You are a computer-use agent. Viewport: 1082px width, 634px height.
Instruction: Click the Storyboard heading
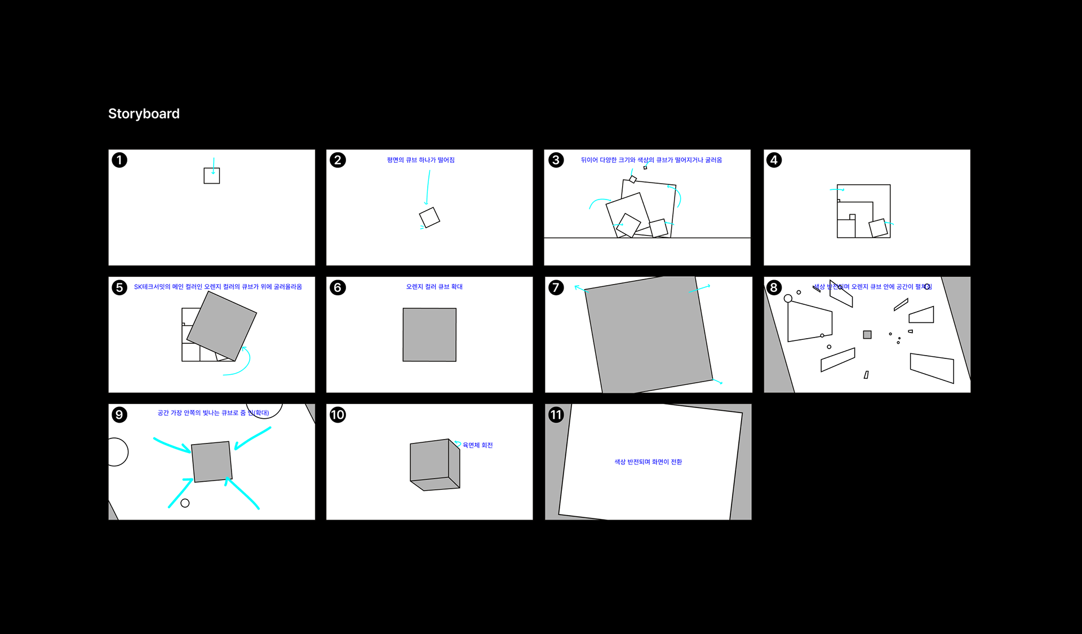point(144,114)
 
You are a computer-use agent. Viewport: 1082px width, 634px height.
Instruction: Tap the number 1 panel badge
point(119,160)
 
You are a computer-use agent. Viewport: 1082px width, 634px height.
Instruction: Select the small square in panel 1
point(212,176)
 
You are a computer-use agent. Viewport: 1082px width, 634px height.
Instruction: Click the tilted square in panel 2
point(429,217)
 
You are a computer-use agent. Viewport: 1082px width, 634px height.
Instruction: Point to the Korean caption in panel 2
point(420,160)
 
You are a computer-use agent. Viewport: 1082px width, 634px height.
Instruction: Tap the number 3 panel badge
point(556,160)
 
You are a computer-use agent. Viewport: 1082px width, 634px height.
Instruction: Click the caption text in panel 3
point(651,160)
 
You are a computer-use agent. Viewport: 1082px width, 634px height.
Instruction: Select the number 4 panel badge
point(774,160)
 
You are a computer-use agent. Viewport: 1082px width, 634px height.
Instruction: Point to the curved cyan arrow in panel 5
point(243,363)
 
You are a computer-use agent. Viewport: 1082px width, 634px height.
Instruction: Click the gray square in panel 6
point(429,335)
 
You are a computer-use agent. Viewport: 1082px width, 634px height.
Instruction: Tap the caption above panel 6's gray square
point(434,287)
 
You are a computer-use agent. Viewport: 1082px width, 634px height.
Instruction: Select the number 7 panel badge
point(556,287)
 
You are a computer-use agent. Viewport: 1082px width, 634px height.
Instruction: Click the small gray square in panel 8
point(867,335)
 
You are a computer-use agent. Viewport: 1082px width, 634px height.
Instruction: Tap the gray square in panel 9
point(212,462)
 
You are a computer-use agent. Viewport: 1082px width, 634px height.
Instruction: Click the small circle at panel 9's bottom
point(185,503)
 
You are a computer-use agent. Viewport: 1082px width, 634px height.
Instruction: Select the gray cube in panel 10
point(434,464)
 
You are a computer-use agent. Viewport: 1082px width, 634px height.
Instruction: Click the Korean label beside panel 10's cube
point(477,445)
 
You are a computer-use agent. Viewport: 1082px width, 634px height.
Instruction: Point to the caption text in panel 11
point(648,462)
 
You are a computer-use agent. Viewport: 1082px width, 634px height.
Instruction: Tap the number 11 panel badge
point(556,415)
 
